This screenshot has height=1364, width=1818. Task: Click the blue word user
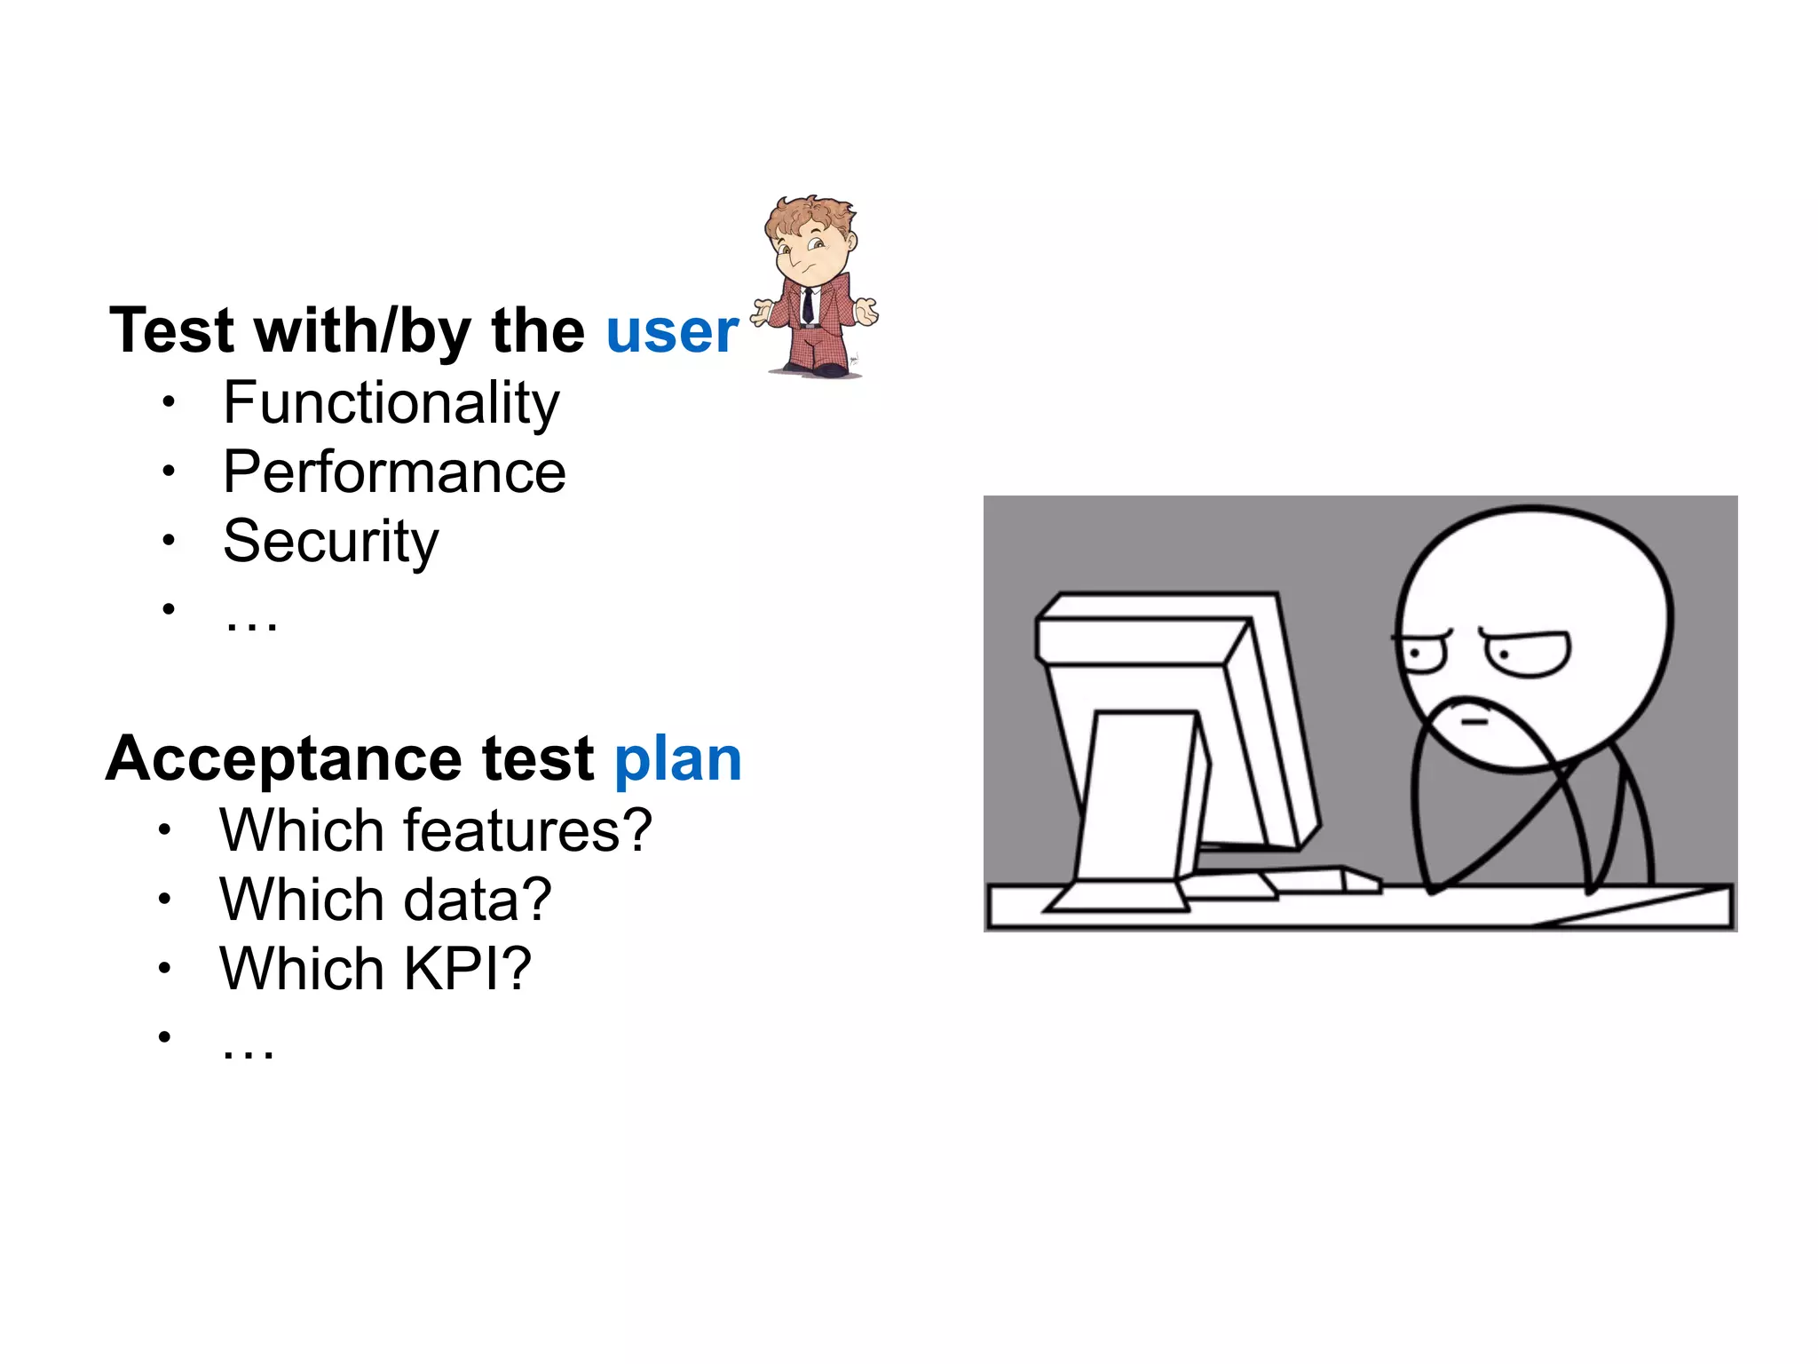[671, 331]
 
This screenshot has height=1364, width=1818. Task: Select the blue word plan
[677, 759]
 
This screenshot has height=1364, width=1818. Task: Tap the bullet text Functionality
[391, 403]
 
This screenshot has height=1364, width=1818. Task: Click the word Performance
[394, 472]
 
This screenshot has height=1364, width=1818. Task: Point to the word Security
[330, 542]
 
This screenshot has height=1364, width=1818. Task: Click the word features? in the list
[528, 831]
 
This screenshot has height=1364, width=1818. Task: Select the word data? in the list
[478, 900]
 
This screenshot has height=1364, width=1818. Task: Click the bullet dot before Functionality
[169, 401]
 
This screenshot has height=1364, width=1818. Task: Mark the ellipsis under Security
[251, 622]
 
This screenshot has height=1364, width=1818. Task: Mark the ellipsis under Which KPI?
[249, 1049]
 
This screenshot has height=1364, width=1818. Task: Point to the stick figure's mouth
[1474, 722]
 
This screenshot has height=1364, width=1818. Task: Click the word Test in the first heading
[172, 331]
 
